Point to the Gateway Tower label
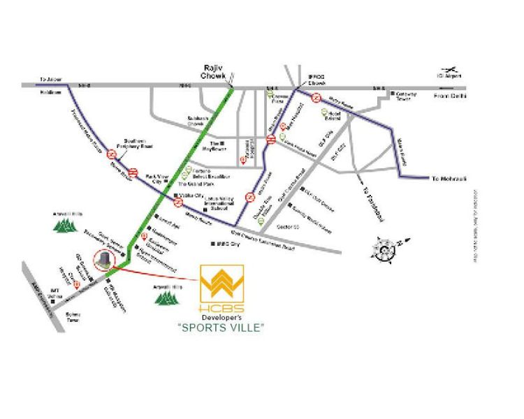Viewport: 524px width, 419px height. (407, 96)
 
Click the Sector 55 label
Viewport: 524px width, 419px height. (288, 227)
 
